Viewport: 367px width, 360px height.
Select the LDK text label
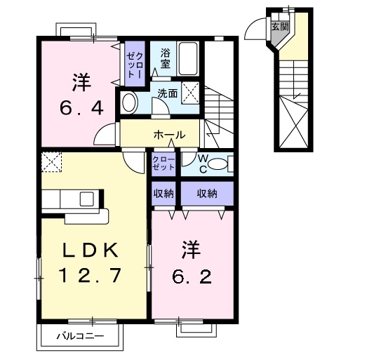click(x=93, y=251)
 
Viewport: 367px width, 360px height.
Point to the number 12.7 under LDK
click(x=93, y=275)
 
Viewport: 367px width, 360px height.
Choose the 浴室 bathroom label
click(x=165, y=58)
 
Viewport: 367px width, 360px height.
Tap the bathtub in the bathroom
click(x=187, y=57)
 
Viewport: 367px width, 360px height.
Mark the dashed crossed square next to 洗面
click(x=190, y=92)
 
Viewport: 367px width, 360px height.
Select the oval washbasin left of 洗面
click(x=128, y=102)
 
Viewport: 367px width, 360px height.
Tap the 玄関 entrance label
click(x=279, y=26)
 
